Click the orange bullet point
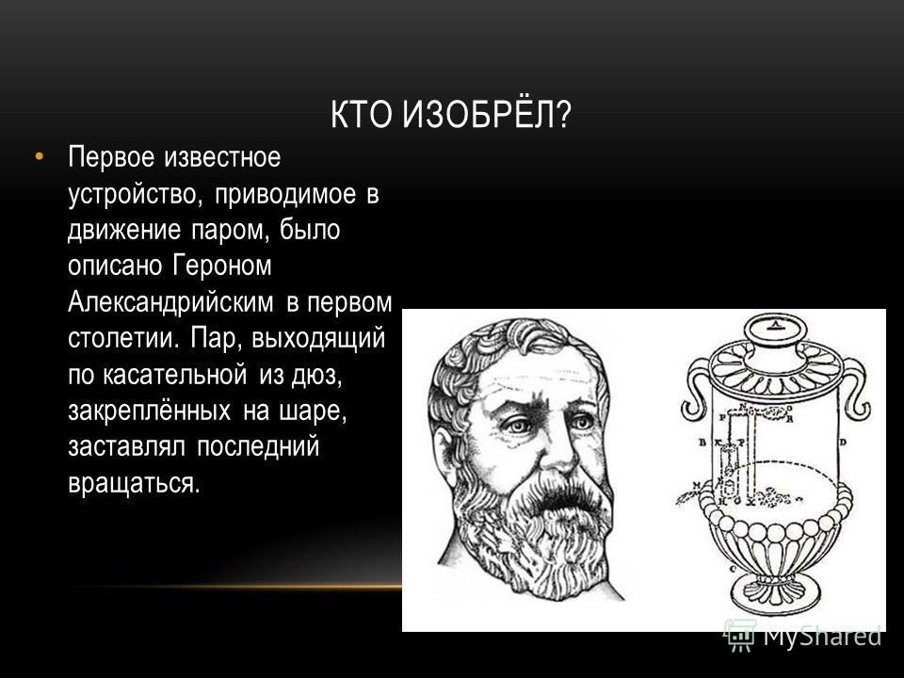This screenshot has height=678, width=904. (x=39, y=155)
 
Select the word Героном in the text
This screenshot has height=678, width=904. (x=221, y=266)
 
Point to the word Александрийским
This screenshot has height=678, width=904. (x=170, y=301)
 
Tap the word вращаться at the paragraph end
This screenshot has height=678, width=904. (x=134, y=483)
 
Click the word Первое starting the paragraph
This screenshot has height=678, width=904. (x=111, y=157)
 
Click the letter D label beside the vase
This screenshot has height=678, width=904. (x=843, y=443)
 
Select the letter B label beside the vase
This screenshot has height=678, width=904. (x=702, y=443)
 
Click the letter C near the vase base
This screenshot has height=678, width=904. (x=733, y=569)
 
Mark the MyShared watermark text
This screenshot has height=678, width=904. (x=822, y=636)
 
